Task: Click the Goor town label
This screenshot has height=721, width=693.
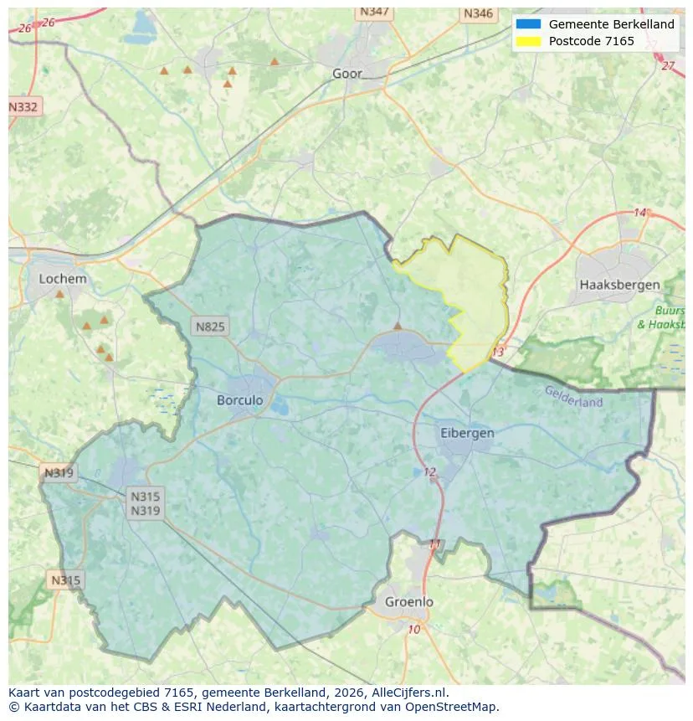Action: tap(347, 74)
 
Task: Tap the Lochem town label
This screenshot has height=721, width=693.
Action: tap(63, 279)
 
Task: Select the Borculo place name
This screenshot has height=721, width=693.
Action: tap(239, 400)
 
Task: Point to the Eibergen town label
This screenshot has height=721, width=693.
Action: tap(467, 433)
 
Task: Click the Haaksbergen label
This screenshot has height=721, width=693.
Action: tap(619, 285)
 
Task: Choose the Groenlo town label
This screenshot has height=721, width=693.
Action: tap(409, 602)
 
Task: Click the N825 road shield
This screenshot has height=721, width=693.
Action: tap(209, 327)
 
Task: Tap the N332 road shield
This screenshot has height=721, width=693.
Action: tap(23, 107)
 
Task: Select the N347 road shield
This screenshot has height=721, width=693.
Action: tap(374, 12)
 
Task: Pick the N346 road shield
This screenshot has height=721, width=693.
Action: tap(478, 13)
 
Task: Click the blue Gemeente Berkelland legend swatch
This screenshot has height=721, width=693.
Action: tap(529, 24)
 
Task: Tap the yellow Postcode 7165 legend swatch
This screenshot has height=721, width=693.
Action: tap(529, 41)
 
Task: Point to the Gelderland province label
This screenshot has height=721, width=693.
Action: tap(573, 396)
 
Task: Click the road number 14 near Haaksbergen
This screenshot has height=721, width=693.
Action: tap(640, 213)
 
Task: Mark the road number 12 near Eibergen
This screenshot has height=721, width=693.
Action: tap(429, 472)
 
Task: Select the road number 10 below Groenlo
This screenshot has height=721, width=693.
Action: tap(413, 630)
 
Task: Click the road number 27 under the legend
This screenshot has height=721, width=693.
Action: tap(667, 65)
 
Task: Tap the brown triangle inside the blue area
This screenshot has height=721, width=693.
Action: tap(398, 326)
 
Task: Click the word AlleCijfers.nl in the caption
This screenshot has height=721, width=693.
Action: tap(409, 693)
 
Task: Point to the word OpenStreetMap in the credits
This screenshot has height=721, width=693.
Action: tap(455, 707)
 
